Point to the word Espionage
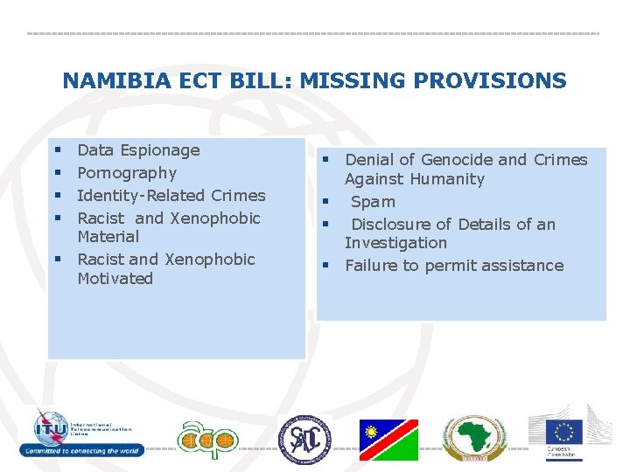click(x=160, y=150)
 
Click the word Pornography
click(x=127, y=173)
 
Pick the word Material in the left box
click(x=108, y=237)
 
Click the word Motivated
click(x=115, y=279)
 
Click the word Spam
click(x=374, y=202)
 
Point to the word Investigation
click(x=395, y=243)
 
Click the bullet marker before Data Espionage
click(x=56, y=150)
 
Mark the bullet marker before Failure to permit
click(x=324, y=266)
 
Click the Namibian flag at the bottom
click(x=388, y=440)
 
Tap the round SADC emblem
click(x=305, y=439)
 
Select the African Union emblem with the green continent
click(x=473, y=438)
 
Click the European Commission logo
click(x=563, y=434)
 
